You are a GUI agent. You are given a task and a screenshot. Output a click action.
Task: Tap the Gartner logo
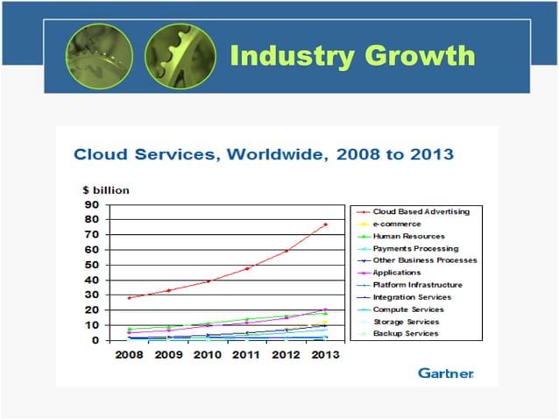click(x=445, y=373)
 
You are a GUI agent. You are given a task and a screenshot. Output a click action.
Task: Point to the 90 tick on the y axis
click(x=90, y=204)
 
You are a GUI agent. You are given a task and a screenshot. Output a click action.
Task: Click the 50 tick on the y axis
click(x=90, y=265)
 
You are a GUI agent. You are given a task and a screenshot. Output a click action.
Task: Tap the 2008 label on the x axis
click(x=130, y=355)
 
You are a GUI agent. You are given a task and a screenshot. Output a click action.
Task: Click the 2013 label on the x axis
click(x=324, y=355)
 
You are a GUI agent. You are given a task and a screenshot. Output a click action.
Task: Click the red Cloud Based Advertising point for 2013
click(x=325, y=224)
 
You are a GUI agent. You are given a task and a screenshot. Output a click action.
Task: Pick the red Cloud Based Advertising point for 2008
click(x=130, y=298)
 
